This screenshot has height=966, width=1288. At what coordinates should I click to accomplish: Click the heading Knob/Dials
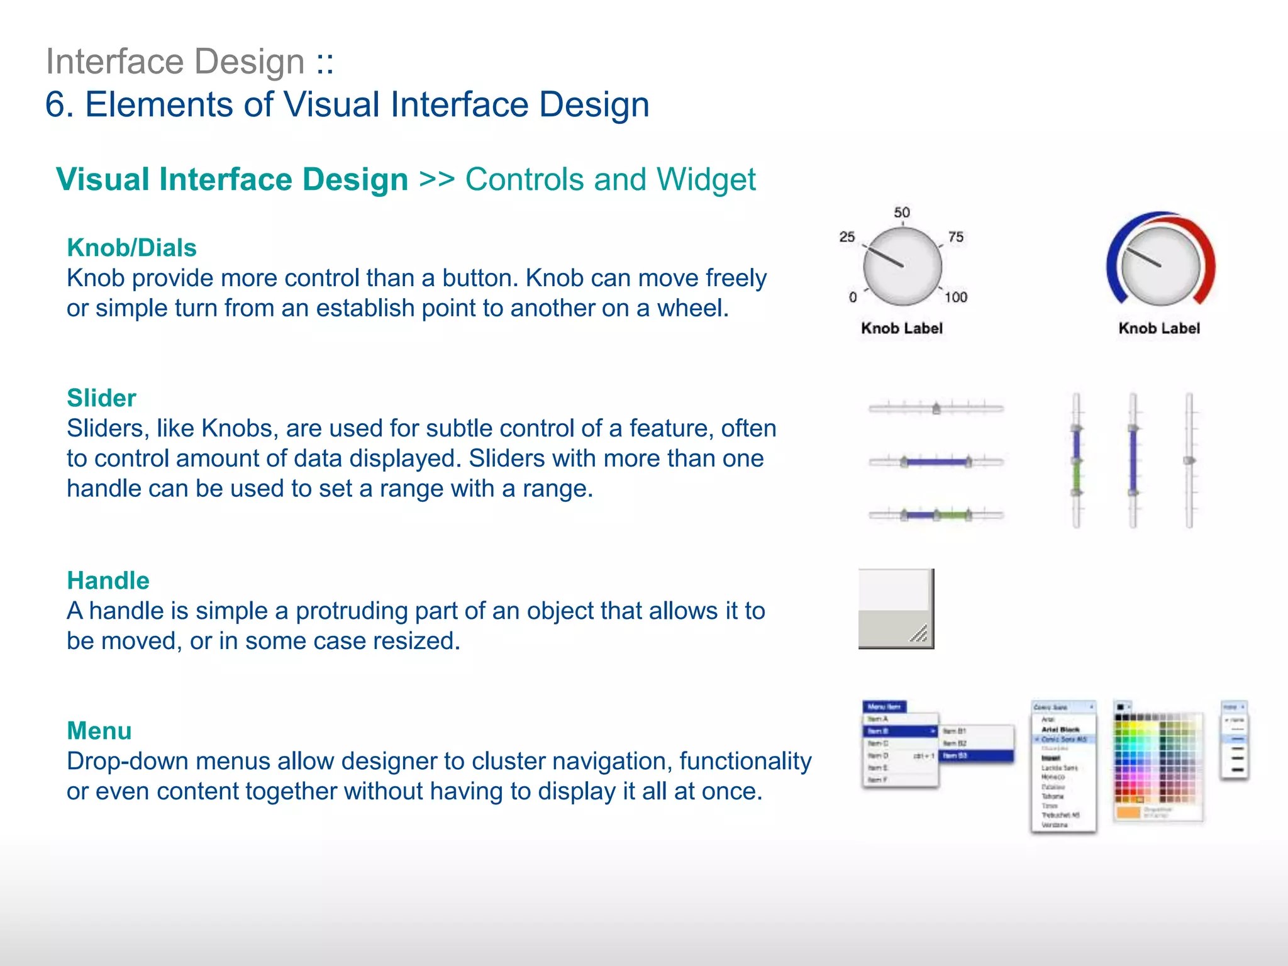[x=131, y=248]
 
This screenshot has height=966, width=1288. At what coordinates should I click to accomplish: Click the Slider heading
[x=101, y=398]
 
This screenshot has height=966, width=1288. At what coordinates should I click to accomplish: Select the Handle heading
[x=108, y=580]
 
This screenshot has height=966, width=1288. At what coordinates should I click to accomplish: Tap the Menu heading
[x=99, y=731]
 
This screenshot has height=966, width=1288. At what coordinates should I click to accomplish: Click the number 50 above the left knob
[x=902, y=213]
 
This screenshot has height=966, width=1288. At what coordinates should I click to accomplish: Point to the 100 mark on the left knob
[x=956, y=297]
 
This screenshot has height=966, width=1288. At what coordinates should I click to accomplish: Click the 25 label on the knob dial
[x=847, y=237]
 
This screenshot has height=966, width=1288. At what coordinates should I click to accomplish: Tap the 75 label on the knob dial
[x=956, y=237]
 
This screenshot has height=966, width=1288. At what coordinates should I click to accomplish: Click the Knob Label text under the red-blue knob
[x=1159, y=328]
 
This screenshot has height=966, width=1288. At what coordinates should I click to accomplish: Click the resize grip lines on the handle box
[x=919, y=634]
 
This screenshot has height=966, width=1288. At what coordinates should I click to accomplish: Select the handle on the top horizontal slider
[x=936, y=409]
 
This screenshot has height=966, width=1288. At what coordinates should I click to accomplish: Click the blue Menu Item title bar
[x=884, y=707]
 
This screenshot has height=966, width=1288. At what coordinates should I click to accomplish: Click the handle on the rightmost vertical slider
[x=1189, y=460]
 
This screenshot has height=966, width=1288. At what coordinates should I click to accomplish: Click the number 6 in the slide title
[x=55, y=104]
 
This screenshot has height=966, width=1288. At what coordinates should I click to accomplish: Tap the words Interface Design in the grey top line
[x=175, y=62]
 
